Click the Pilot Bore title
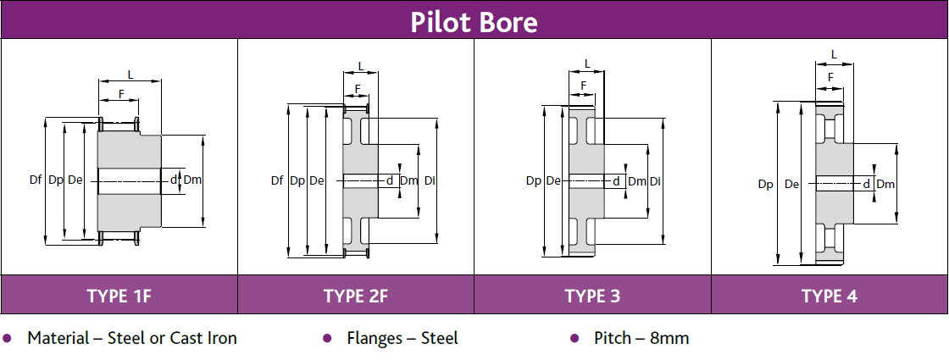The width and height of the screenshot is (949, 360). click(x=474, y=21)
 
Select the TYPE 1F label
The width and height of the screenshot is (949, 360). click(x=119, y=296)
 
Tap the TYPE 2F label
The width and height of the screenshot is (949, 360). click(x=355, y=296)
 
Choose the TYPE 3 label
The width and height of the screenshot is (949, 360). click(x=592, y=296)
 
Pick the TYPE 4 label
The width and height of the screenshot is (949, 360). click(x=830, y=296)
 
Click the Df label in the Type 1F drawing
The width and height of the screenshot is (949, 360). click(x=36, y=180)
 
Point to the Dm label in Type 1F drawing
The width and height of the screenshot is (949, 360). click(x=192, y=180)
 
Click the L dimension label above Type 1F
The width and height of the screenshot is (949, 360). click(x=130, y=75)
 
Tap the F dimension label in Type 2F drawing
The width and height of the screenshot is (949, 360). click(x=358, y=88)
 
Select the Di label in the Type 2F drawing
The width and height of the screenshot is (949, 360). click(x=430, y=180)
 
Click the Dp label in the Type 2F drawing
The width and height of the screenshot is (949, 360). click(x=297, y=180)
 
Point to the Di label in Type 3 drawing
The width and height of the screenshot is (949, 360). click(x=656, y=181)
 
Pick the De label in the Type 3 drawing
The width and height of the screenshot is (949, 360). click(x=553, y=180)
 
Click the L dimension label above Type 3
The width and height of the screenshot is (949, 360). click(x=587, y=64)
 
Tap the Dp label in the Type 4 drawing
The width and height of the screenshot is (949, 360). click(x=766, y=184)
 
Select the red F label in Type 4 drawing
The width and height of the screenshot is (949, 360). click(x=830, y=77)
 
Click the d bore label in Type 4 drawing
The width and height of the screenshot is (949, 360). click(x=867, y=184)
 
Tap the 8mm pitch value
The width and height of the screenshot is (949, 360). click(x=669, y=339)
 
